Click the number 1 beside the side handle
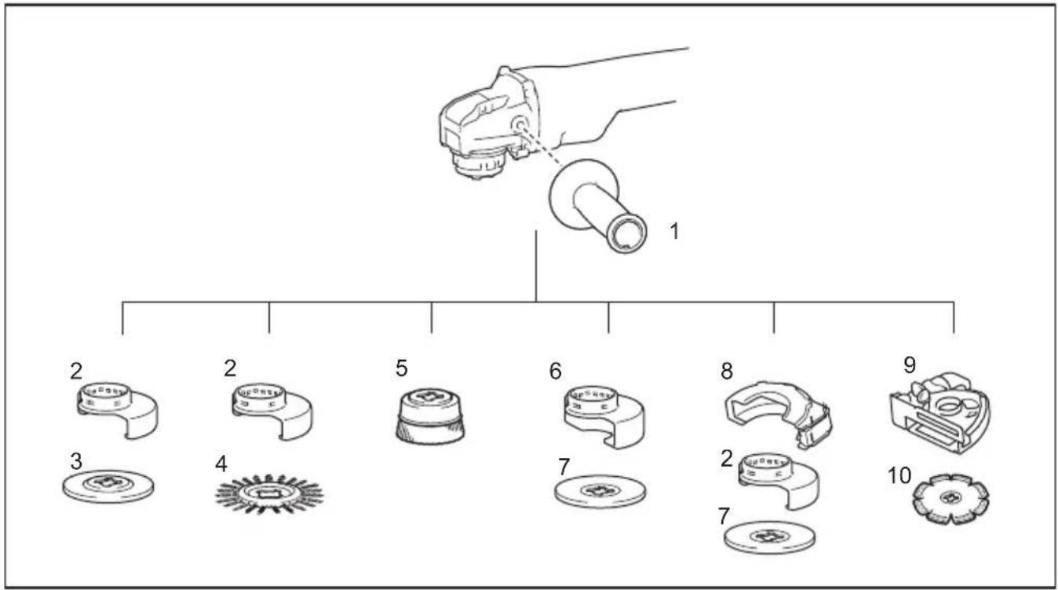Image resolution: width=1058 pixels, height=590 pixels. pyautogui.click(x=674, y=232)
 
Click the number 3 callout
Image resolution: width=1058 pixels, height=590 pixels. pyautogui.click(x=76, y=460)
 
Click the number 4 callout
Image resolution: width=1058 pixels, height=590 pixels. pyautogui.click(x=221, y=464)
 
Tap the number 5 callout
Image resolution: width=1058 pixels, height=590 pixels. pyautogui.click(x=402, y=368)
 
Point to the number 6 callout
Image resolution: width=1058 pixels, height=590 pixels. pyautogui.click(x=556, y=372)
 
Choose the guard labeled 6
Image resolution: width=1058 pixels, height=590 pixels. pyautogui.click(x=605, y=417)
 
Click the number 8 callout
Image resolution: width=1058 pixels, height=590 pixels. pyautogui.click(x=727, y=371)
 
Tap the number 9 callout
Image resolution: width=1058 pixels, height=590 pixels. pyautogui.click(x=909, y=365)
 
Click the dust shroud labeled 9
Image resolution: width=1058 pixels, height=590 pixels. pyautogui.click(x=940, y=412)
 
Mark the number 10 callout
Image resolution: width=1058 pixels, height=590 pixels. pyautogui.click(x=899, y=475)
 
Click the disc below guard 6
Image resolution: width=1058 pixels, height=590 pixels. pyautogui.click(x=600, y=491)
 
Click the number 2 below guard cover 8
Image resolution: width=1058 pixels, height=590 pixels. pyautogui.click(x=727, y=459)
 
